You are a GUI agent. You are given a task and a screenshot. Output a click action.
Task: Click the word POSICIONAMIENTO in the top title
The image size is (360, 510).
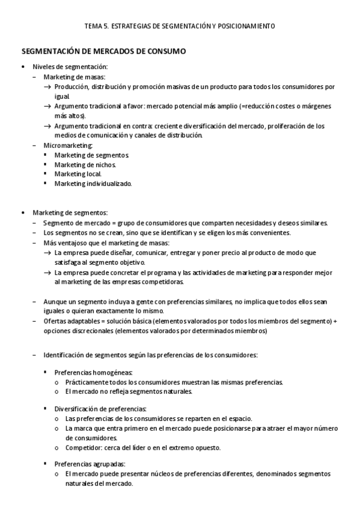[x=246, y=26]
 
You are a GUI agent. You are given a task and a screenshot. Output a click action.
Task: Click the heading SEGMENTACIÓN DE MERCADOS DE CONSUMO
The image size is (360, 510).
[x=104, y=52]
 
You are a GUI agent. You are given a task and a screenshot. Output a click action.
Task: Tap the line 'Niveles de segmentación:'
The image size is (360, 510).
[x=70, y=67]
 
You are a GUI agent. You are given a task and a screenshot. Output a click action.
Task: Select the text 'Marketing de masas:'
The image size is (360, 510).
[x=75, y=77]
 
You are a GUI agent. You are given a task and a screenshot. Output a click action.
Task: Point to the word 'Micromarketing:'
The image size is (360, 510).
[x=68, y=145]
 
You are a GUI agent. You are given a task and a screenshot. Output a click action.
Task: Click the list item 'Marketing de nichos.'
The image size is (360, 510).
[x=85, y=164]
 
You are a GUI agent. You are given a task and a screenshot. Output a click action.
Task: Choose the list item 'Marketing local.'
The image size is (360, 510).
[x=78, y=174]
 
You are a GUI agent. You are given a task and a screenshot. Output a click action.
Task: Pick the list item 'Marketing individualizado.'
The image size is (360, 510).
[x=93, y=183]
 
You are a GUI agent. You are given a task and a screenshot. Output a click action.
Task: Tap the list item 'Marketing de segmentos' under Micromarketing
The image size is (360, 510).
[x=91, y=155]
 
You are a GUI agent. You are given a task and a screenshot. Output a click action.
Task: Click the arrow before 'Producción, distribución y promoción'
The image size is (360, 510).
[x=47, y=87]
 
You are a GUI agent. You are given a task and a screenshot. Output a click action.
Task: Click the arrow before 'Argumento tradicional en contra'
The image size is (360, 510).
[x=47, y=126]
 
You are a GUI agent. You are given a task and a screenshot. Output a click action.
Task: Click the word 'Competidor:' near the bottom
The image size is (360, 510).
[x=84, y=447]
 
